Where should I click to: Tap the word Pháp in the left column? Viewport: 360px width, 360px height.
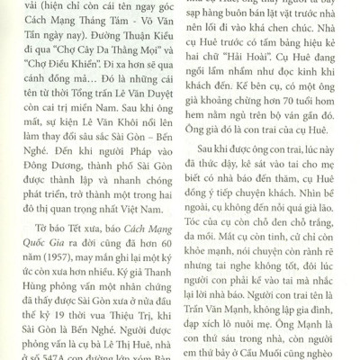121,152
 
